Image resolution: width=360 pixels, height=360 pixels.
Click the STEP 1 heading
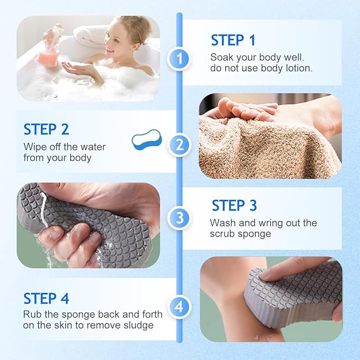click(233, 40)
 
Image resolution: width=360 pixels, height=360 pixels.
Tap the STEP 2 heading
click(46, 129)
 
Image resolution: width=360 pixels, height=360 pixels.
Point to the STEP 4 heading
click(46, 298)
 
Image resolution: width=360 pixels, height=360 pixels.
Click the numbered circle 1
click(179, 59)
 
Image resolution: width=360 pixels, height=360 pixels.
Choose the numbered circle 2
click(179, 144)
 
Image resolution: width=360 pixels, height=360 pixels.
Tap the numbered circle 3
click(179, 217)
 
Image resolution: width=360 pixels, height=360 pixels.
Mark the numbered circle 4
click(179, 306)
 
